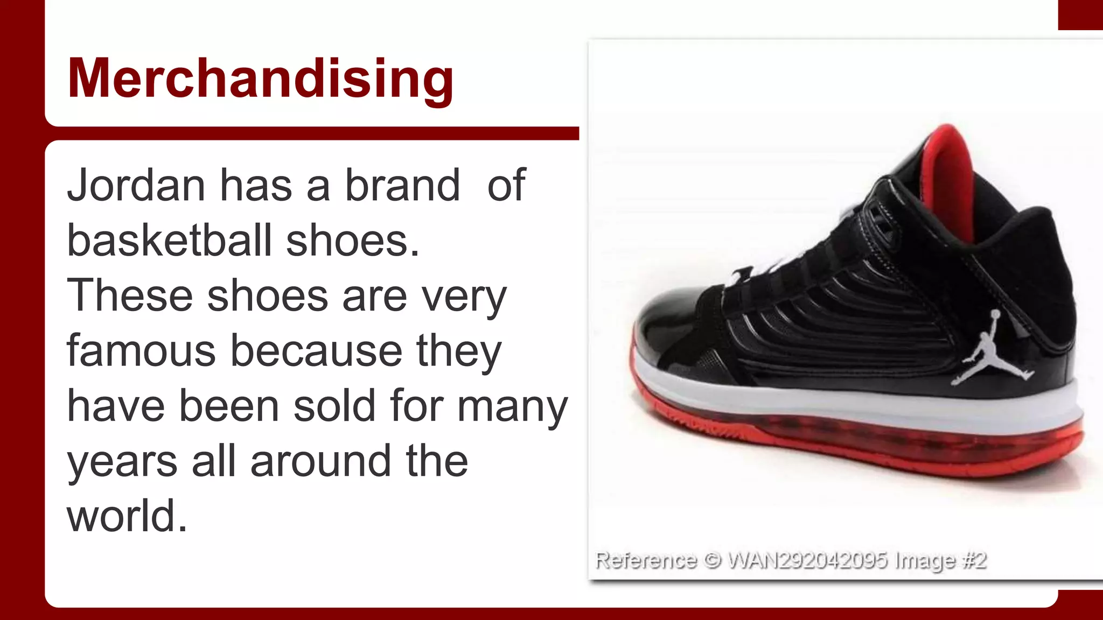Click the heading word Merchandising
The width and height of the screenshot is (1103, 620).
coord(260,79)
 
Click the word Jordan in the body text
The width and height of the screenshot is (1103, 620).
coord(136,185)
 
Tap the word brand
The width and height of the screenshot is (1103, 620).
coord(402,185)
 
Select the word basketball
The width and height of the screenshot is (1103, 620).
coord(169,241)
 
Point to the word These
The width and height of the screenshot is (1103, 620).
coord(129,295)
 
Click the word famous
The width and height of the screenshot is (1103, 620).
coord(141,351)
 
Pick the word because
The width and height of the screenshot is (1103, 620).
coord(316,351)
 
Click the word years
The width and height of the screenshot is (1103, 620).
coord(122,462)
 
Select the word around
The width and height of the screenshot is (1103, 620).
coord(320,461)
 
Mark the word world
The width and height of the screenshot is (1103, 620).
coord(127,516)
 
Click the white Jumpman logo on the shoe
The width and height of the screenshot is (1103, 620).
coord(990,350)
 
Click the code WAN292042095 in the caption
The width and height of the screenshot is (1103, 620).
coord(807,560)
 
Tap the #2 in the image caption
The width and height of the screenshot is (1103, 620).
coord(974,560)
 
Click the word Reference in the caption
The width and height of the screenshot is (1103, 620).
coord(646,560)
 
